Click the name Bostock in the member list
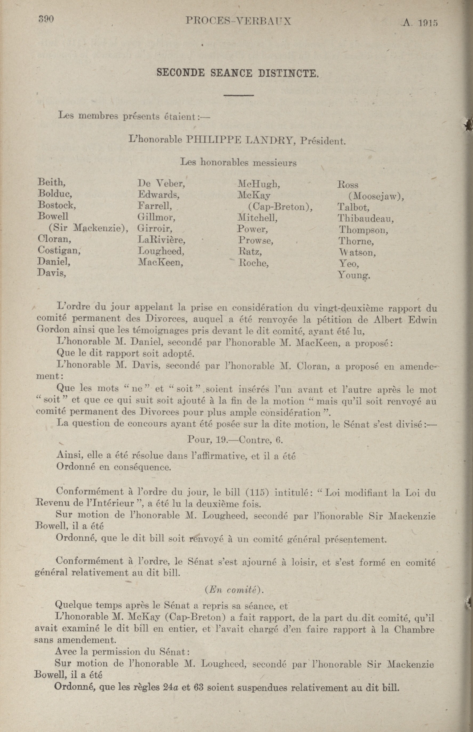click(x=56, y=205)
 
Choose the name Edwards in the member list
click(x=159, y=195)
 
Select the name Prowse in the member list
click(x=255, y=240)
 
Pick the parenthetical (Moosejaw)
click(x=376, y=196)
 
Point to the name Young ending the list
click(x=354, y=275)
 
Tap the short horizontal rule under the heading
click(x=238, y=95)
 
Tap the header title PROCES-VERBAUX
click(x=238, y=21)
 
